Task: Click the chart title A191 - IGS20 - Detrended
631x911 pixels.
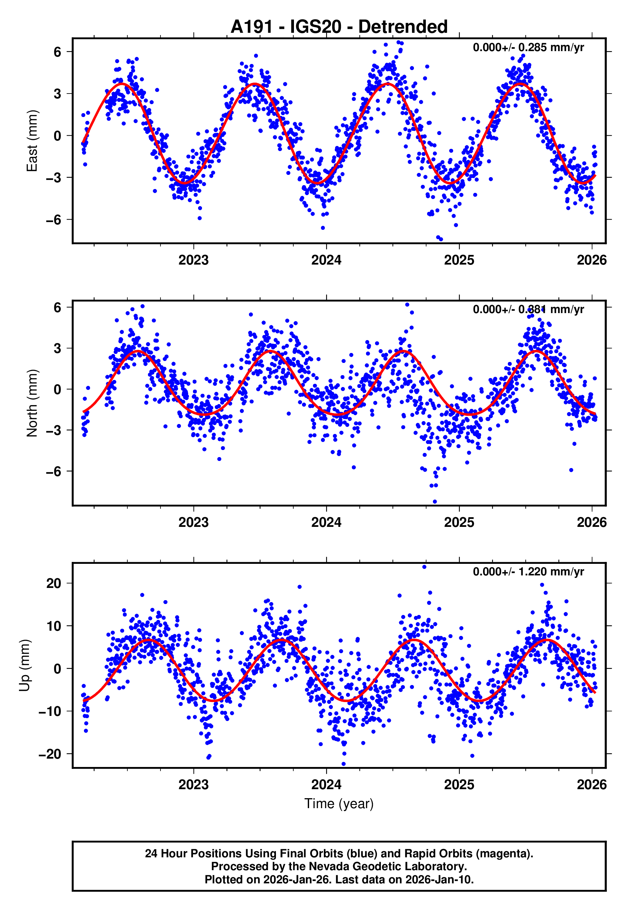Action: pyautogui.click(x=339, y=27)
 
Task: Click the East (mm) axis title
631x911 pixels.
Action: pyautogui.click(x=32, y=141)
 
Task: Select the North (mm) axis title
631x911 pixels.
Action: pyautogui.click(x=32, y=403)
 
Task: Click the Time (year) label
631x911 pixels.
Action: pyautogui.click(x=339, y=804)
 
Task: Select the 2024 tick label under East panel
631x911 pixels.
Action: pyautogui.click(x=326, y=260)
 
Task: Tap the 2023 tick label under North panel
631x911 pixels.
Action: pyautogui.click(x=193, y=522)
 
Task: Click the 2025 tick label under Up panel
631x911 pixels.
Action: pyautogui.click(x=459, y=784)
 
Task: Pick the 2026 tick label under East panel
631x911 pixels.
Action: pyautogui.click(x=591, y=260)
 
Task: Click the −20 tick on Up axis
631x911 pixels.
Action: pyautogui.click(x=50, y=754)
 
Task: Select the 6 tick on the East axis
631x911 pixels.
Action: pyautogui.click(x=57, y=52)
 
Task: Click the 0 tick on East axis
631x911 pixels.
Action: pyautogui.click(x=57, y=136)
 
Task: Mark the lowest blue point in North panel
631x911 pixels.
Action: pyautogui.click(x=435, y=502)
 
